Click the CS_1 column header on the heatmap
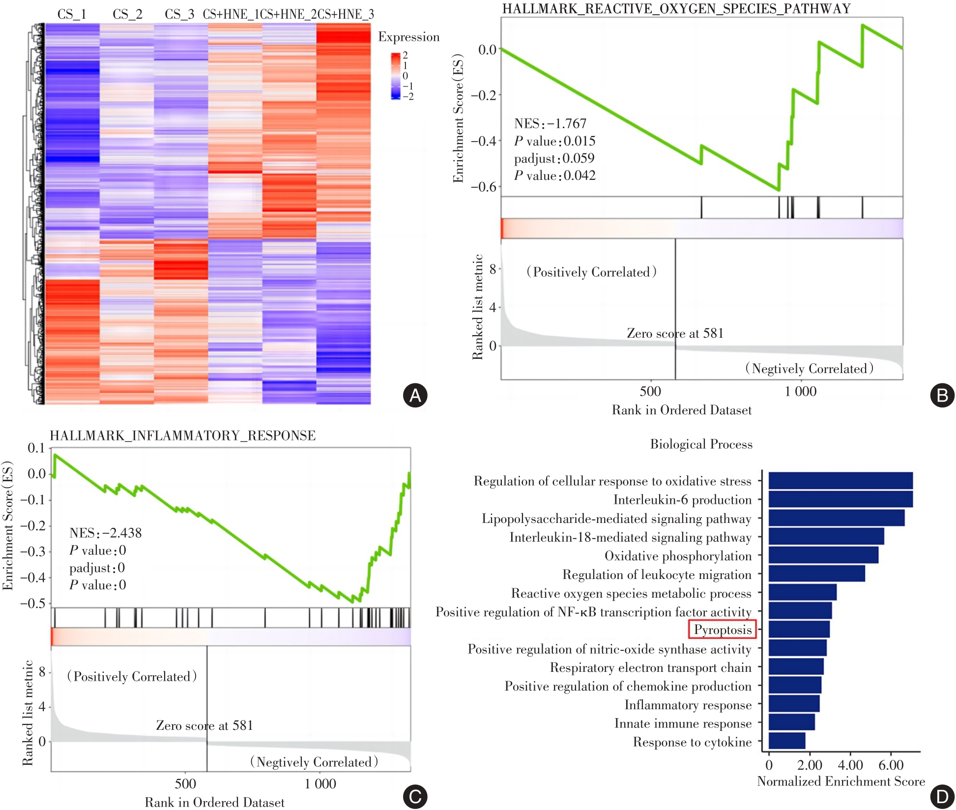[72, 14]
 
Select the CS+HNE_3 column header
[346, 14]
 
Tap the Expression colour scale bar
[396, 76]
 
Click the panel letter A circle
[415, 395]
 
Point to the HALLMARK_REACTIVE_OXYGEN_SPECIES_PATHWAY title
[676, 9]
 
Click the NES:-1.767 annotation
[550, 123]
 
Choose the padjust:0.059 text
[554, 158]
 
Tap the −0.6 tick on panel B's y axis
[484, 187]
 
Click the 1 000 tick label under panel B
[800, 391]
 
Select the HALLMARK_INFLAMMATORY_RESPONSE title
[182, 435]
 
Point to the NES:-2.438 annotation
[105, 533]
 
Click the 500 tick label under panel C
[185, 783]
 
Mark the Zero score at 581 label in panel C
[204, 725]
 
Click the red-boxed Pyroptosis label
[722, 630]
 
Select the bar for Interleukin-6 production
[840, 499]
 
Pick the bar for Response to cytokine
[787, 741]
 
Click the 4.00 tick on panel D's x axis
[850, 765]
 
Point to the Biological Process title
[701, 444]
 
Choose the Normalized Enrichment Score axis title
[840, 781]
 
